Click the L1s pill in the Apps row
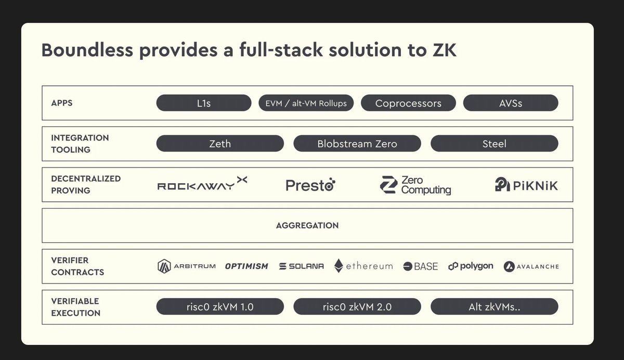coord(203,103)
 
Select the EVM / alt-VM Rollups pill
coord(306,103)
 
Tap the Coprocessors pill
coord(408,103)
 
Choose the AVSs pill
coord(510,103)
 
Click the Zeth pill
coord(220,144)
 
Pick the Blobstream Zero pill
coord(357,144)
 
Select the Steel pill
coord(494,144)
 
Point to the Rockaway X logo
coord(202,185)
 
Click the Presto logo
coord(310,185)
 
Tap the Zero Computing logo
coord(415,185)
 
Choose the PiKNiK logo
coord(526,185)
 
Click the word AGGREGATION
coord(307,226)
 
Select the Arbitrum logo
coord(186,266)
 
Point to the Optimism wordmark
coord(246,266)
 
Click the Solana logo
coord(301,266)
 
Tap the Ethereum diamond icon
coord(339,266)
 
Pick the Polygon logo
coord(471,266)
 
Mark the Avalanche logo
coord(531,266)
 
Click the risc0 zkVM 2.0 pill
coord(357,307)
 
